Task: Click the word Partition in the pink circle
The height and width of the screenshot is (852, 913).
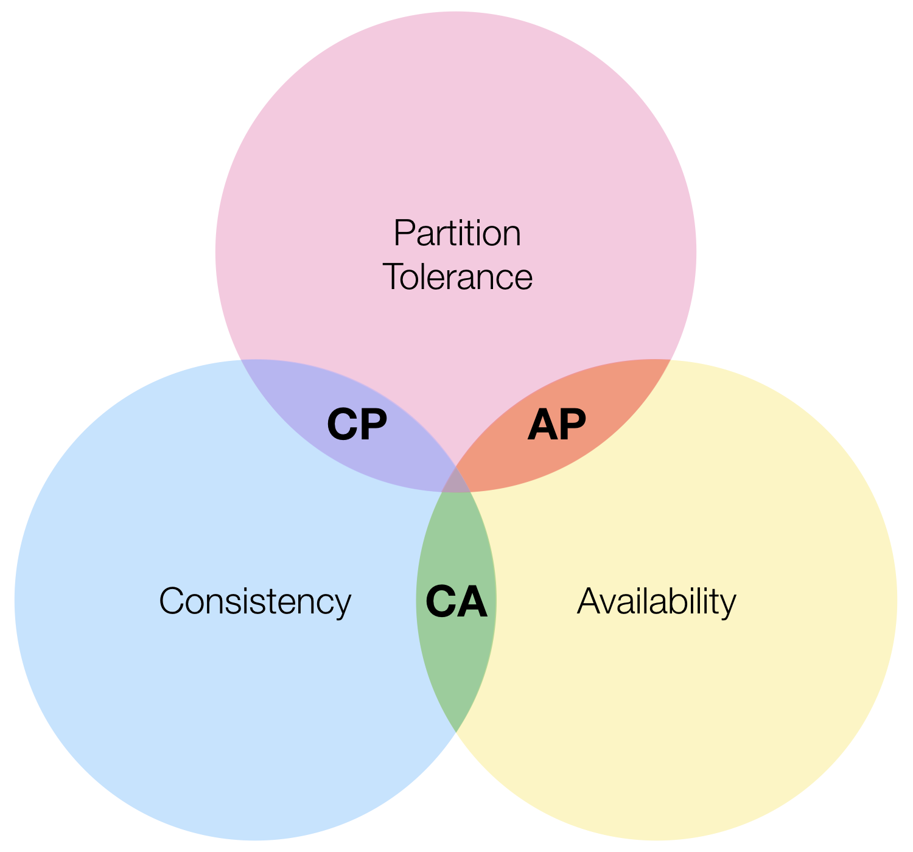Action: (457, 233)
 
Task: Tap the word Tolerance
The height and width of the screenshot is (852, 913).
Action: (458, 277)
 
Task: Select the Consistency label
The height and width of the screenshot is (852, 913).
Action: (255, 601)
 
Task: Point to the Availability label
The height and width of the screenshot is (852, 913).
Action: (656, 601)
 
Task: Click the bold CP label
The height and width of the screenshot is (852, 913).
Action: (357, 425)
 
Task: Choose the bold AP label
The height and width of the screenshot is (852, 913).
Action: (556, 425)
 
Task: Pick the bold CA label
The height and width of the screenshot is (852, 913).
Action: (456, 602)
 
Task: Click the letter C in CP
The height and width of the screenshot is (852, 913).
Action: (342, 425)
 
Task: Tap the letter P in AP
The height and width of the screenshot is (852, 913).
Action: (572, 425)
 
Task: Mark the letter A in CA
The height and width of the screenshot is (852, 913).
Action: (472, 602)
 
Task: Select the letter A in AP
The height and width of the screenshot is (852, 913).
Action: (542, 425)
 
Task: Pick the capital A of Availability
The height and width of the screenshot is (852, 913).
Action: (589, 601)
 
